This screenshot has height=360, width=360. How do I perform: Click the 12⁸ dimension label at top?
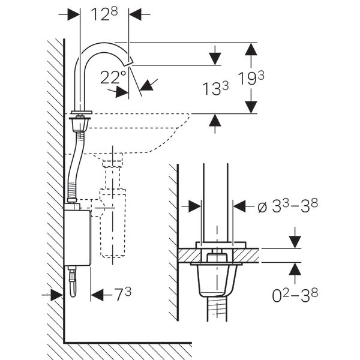105,14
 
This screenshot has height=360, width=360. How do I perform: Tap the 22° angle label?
113,77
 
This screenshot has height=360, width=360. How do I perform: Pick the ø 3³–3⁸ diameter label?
287,206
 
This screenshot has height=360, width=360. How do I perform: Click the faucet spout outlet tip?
130,62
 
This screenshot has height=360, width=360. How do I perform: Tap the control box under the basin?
77,237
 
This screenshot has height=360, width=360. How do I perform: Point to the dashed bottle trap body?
113,222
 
